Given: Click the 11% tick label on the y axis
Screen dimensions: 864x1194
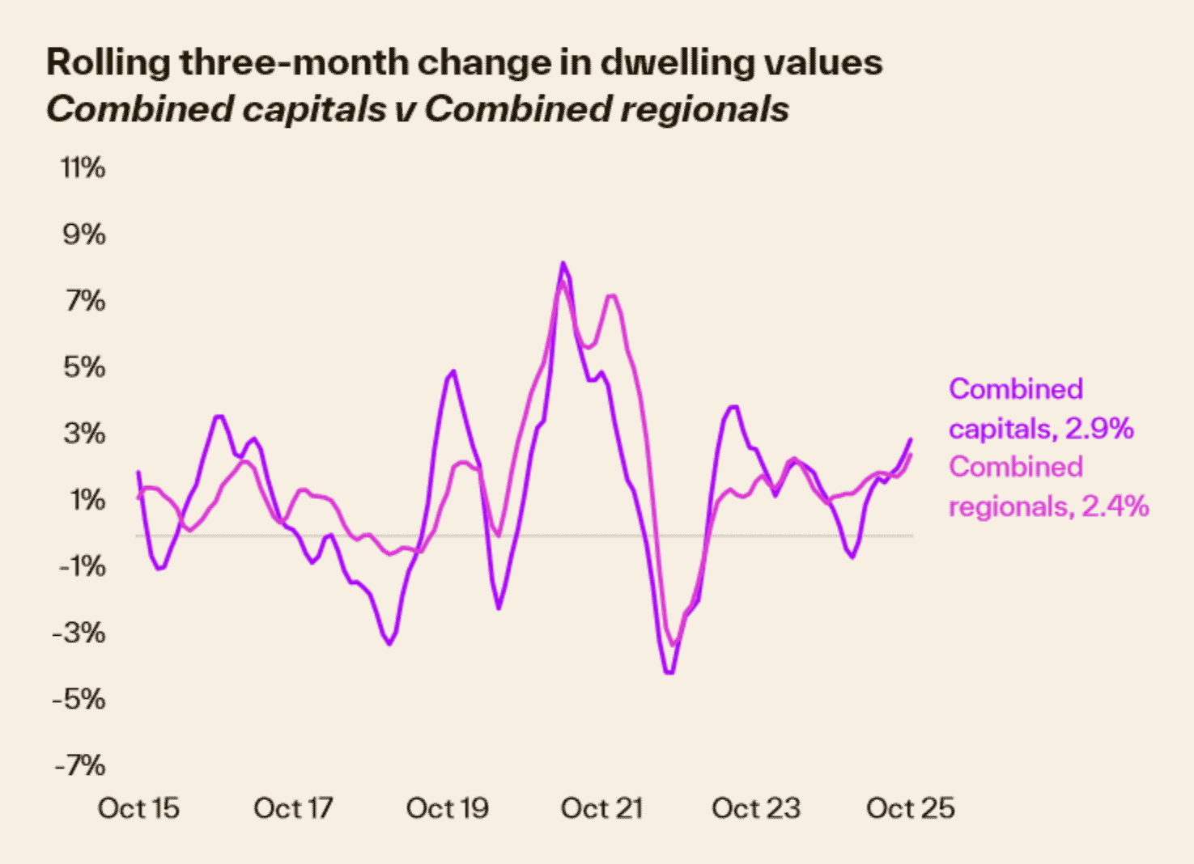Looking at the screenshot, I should [83, 168].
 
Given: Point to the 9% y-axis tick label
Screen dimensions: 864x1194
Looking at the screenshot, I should [84, 235].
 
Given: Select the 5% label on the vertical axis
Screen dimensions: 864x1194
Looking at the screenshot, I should [84, 367].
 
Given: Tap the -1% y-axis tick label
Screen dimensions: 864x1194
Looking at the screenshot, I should [82, 566].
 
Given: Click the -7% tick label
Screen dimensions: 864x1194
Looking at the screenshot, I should [80, 765].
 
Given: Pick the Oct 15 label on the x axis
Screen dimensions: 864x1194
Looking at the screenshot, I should [138, 808].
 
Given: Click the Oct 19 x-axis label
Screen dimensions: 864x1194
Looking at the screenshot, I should [448, 808].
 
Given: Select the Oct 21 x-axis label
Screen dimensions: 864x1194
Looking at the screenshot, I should [601, 808].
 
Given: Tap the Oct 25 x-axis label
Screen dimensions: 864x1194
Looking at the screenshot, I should [911, 808].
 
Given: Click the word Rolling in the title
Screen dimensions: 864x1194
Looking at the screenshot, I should [108, 62].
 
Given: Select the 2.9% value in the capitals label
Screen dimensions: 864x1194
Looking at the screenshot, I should [1099, 428].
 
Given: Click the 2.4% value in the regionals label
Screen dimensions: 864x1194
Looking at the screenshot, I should [1115, 506].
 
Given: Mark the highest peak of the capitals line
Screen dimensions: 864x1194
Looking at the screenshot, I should [563, 263].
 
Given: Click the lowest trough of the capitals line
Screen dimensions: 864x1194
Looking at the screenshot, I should [669, 672].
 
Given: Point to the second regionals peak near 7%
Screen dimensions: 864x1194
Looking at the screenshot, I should [612, 295].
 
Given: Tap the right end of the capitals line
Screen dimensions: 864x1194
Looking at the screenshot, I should [911, 439].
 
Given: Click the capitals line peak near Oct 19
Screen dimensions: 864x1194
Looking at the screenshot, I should [453, 371].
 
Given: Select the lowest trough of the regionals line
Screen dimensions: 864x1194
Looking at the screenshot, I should [673, 645].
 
